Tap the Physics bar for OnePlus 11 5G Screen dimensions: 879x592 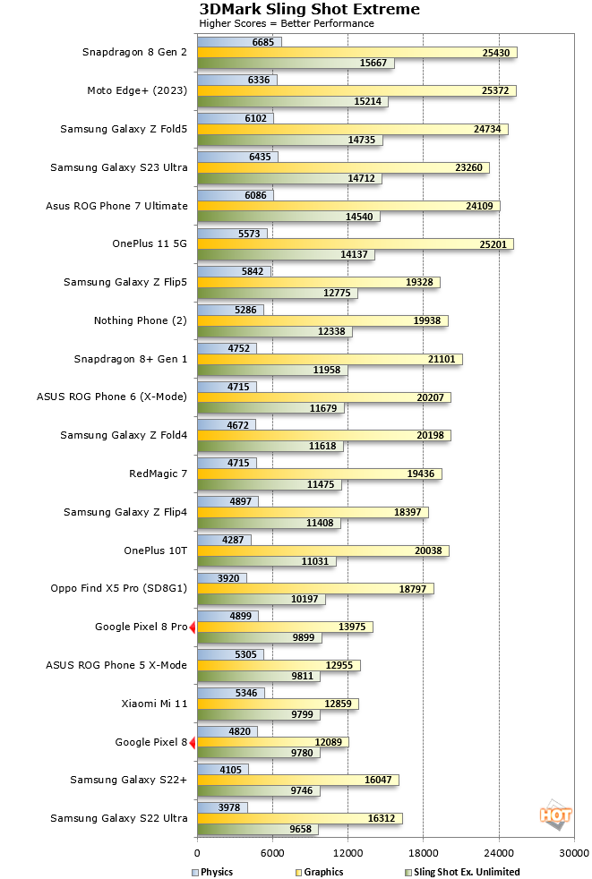[232, 233]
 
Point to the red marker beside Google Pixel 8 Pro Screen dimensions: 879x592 [193, 627]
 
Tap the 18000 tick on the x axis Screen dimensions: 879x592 [424, 853]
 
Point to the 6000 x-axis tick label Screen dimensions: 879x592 [272, 853]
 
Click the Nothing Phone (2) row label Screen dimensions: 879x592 [141, 320]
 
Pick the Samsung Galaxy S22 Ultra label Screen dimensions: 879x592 [119, 818]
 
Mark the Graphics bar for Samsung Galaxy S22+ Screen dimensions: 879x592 [297, 780]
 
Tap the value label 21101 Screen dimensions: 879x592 [444, 360]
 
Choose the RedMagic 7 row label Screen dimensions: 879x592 [159, 474]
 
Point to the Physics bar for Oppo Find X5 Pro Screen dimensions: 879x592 [221, 577]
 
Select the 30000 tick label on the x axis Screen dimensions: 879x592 [574, 853]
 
